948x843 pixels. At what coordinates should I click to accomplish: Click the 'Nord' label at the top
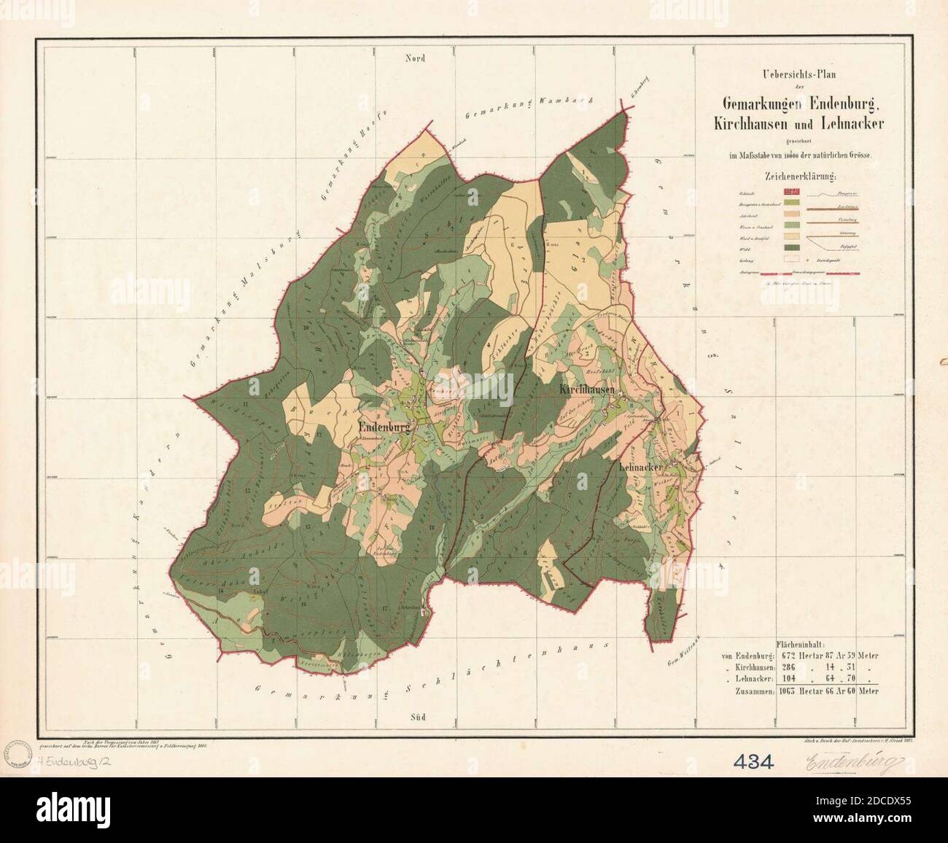point(415,59)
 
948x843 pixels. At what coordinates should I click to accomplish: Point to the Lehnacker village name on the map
point(642,466)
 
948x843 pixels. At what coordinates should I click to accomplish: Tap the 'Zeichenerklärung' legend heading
point(800,176)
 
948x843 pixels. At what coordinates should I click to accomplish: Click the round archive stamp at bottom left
point(15,753)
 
